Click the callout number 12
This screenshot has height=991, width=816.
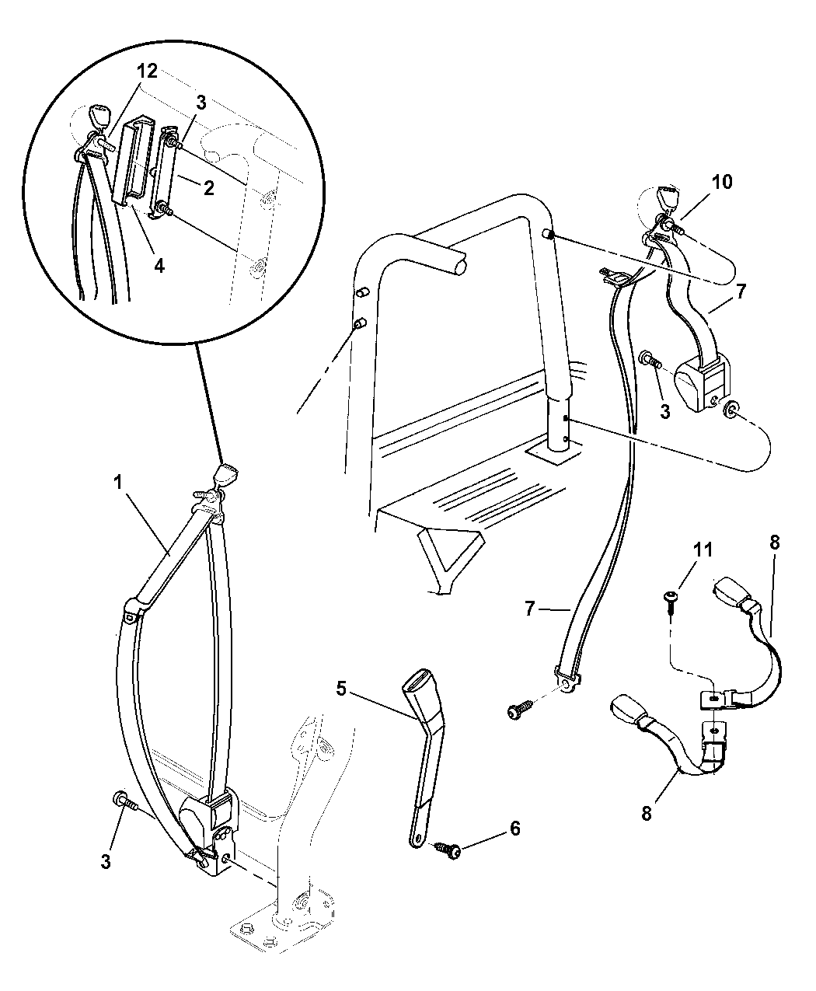(x=147, y=72)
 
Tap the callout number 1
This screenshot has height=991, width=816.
(x=117, y=483)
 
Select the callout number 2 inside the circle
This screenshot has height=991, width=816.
(x=208, y=188)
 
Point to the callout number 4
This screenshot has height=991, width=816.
(x=159, y=266)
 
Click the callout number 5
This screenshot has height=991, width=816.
(x=341, y=688)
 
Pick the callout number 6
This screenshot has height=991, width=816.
(x=515, y=829)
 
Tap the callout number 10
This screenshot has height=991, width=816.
(x=722, y=182)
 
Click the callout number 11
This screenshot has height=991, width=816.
(x=703, y=550)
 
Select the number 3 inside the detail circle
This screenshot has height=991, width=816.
(x=201, y=103)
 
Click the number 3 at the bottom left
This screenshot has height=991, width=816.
(x=106, y=861)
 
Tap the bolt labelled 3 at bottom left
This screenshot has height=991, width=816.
(x=125, y=801)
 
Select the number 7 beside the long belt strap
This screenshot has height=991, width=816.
(x=530, y=608)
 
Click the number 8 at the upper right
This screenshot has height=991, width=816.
(x=774, y=543)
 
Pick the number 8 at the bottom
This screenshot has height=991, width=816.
(x=647, y=814)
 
